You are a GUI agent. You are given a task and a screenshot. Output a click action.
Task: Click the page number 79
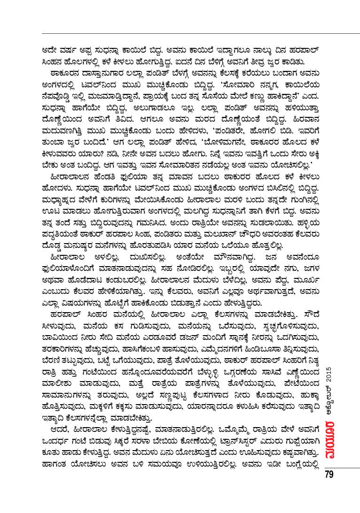click(x=329, y=474)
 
